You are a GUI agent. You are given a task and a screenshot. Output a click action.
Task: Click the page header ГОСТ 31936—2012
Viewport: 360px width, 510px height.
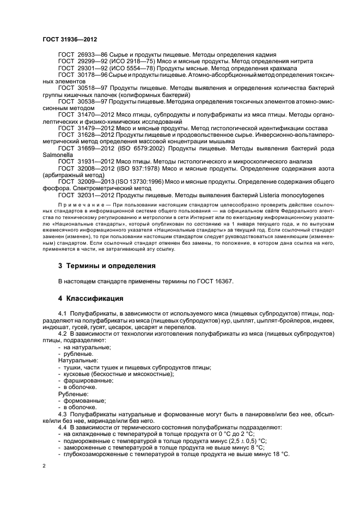pos(70,40)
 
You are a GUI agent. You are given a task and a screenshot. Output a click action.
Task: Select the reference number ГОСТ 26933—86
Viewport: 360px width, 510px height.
pos(80,55)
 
